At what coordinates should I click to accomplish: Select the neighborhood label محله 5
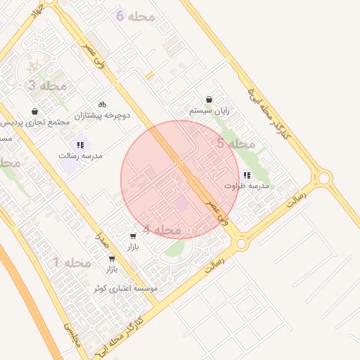(x=236, y=144)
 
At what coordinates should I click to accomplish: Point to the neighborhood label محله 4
(x=162, y=230)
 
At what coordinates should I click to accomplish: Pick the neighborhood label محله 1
(x=72, y=263)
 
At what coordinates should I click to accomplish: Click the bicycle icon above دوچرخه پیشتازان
(x=103, y=103)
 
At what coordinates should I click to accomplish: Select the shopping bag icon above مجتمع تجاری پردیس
(x=35, y=111)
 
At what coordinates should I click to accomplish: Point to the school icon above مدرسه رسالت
(x=79, y=144)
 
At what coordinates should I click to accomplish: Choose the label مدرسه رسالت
(x=80, y=155)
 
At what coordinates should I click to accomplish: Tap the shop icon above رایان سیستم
(x=209, y=101)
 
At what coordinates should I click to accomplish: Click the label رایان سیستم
(x=210, y=111)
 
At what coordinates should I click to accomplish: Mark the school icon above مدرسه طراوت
(x=246, y=175)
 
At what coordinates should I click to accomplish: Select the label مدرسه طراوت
(x=247, y=186)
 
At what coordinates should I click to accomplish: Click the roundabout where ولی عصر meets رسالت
(x=241, y=243)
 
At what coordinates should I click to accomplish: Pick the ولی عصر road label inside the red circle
(x=216, y=209)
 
